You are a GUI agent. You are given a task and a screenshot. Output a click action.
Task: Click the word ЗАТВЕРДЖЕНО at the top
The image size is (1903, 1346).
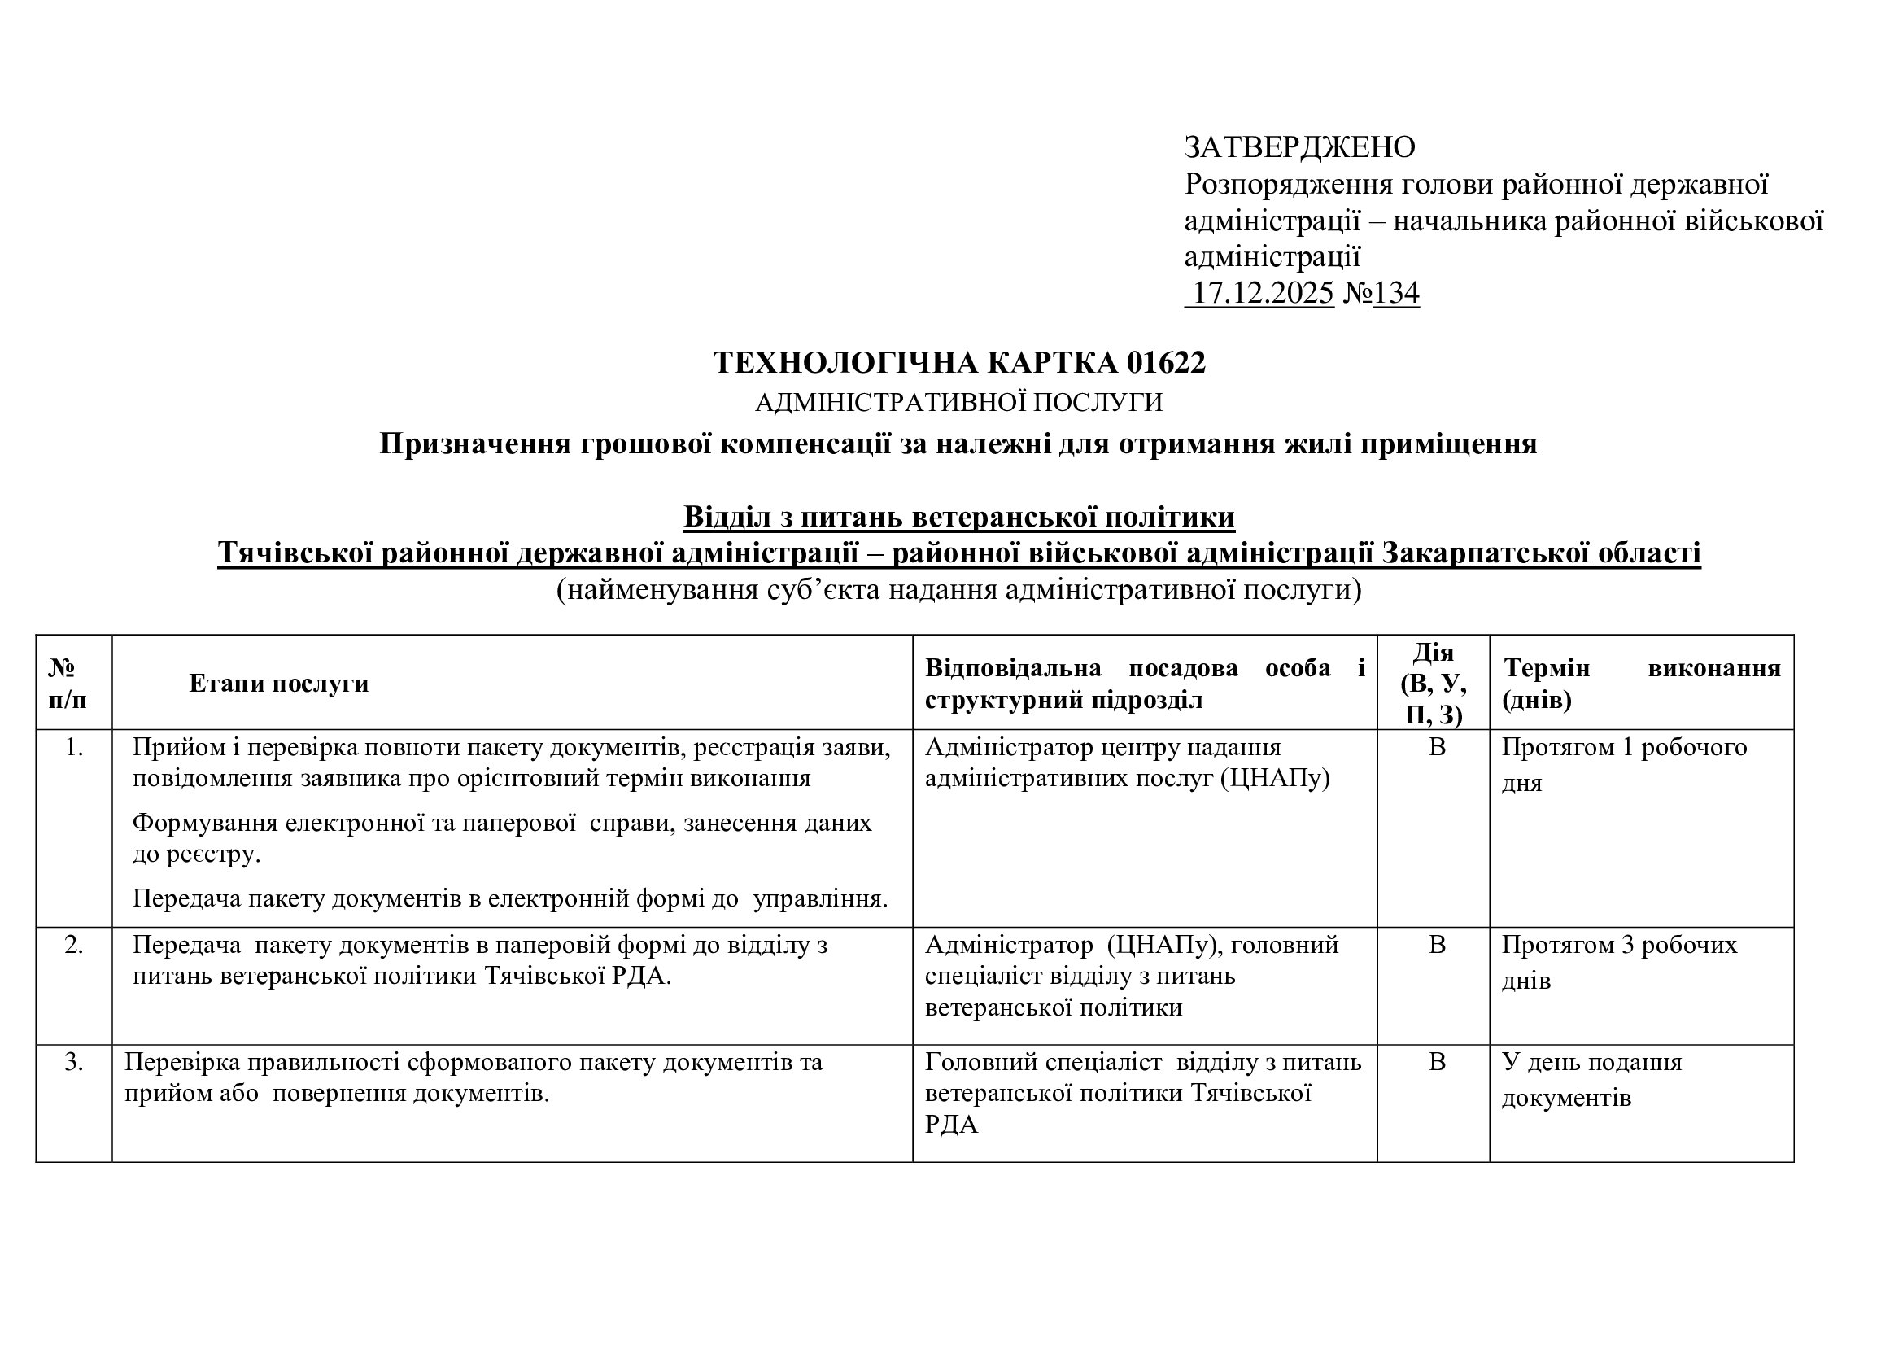pyautogui.click(x=1298, y=147)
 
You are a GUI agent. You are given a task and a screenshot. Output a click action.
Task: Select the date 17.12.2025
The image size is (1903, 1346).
pyautogui.click(x=1263, y=294)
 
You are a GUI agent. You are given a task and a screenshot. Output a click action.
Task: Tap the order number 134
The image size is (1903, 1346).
pyautogui.click(x=1396, y=294)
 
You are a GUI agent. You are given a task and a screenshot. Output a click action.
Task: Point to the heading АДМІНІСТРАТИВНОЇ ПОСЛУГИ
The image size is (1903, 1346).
pyautogui.click(x=959, y=403)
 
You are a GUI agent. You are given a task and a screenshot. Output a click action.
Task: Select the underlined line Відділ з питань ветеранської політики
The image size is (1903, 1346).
pyautogui.click(x=959, y=518)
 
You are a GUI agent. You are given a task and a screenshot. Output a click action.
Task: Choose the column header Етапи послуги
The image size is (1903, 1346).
pyautogui.click(x=278, y=684)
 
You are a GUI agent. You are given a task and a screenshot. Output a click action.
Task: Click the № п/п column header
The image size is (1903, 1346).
pyautogui.click(x=68, y=684)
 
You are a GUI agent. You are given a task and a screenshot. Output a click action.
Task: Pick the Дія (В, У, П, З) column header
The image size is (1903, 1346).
pyautogui.click(x=1433, y=684)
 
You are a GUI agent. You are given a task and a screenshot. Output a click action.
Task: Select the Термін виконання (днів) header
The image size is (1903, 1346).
pyautogui.click(x=1641, y=684)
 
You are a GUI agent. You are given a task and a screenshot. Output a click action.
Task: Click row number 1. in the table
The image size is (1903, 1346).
pyautogui.click(x=74, y=748)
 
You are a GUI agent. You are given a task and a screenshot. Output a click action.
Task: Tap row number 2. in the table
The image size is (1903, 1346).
pyautogui.click(x=74, y=945)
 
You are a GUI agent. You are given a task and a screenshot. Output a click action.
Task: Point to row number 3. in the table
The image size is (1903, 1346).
pyautogui.click(x=74, y=1063)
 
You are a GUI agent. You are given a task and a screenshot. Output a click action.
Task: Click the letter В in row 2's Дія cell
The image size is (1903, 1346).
pyautogui.click(x=1437, y=945)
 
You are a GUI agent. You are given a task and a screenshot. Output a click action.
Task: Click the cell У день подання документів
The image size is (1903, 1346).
pyautogui.click(x=1591, y=1080)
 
